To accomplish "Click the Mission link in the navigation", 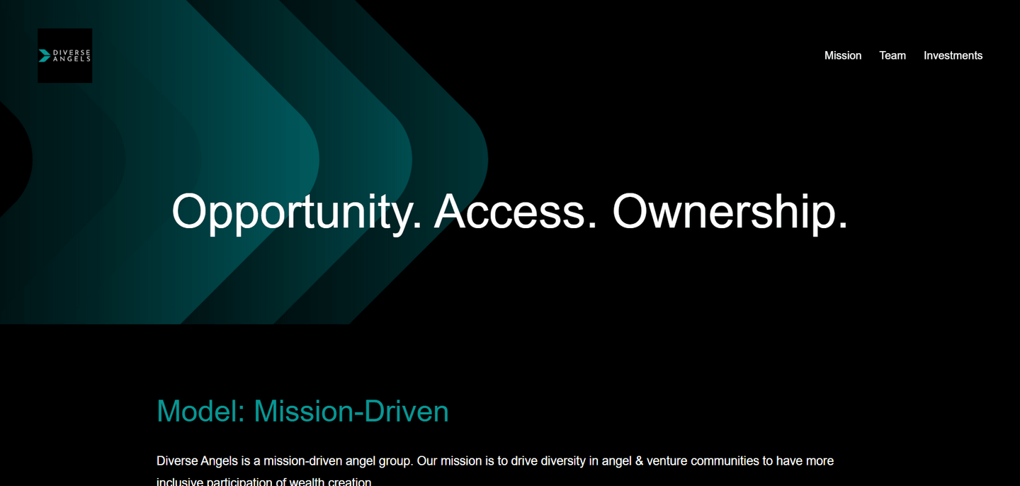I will pos(842,55).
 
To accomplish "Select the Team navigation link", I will pos(892,55).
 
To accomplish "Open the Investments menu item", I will pos(953,55).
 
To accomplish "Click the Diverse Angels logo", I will pos(64,55).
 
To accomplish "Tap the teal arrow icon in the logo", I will pos(44,55).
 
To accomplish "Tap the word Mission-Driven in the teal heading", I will pos(351,412).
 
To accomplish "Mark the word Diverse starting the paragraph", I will pos(177,461).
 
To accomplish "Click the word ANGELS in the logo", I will pos(72,59).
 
